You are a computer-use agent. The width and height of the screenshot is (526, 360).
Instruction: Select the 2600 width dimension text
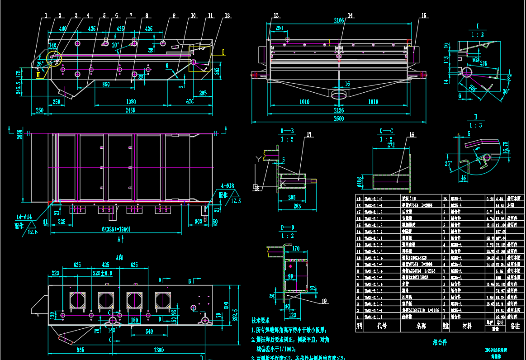point(339,119)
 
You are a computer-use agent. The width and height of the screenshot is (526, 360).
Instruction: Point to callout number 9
point(173,15)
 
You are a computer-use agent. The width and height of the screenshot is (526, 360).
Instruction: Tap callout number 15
point(423,15)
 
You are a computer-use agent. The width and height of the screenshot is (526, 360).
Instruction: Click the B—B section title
point(287,131)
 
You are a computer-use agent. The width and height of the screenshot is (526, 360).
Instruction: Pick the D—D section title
point(287,227)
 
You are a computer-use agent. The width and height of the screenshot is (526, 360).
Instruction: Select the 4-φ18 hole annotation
point(227,186)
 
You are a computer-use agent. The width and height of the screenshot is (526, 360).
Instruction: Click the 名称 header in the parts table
point(422,325)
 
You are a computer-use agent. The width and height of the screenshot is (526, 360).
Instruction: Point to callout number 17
point(309,134)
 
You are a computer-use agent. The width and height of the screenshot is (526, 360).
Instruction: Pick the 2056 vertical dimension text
point(19,135)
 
